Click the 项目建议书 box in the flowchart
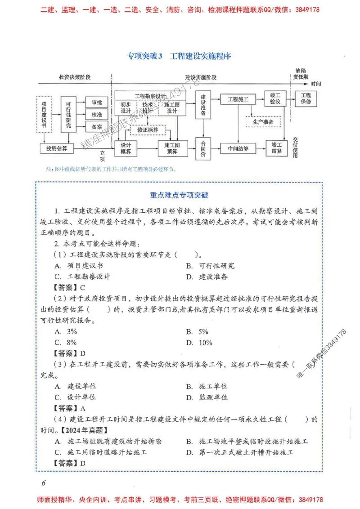(x=44, y=115)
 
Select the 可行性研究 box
(x=68, y=115)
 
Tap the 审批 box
(x=96, y=102)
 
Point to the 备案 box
(x=96, y=127)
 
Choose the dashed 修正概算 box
(x=147, y=131)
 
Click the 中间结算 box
(x=238, y=148)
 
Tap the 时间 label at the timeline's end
(x=316, y=84)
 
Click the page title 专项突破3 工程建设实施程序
(x=180, y=56)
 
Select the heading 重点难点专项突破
(x=179, y=196)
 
